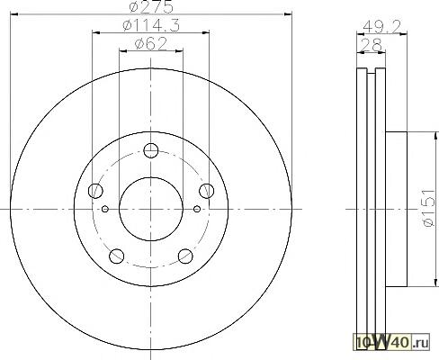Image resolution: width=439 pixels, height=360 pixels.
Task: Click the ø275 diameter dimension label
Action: [151, 6]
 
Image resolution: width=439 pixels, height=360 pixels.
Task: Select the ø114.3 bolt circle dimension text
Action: [151, 25]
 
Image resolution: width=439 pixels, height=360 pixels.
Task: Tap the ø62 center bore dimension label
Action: [151, 44]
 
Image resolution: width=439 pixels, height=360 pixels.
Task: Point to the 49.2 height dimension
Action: [381, 28]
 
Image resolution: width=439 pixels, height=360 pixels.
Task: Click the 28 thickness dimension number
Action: [371, 46]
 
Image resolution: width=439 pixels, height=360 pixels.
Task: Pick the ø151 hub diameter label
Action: [428, 208]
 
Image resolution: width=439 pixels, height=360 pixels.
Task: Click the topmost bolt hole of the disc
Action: [151, 150]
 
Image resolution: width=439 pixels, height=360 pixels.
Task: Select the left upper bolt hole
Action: [95, 191]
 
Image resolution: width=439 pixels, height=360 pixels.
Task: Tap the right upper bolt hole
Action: [207, 191]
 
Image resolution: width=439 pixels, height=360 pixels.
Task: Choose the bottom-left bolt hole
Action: [117, 256]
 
